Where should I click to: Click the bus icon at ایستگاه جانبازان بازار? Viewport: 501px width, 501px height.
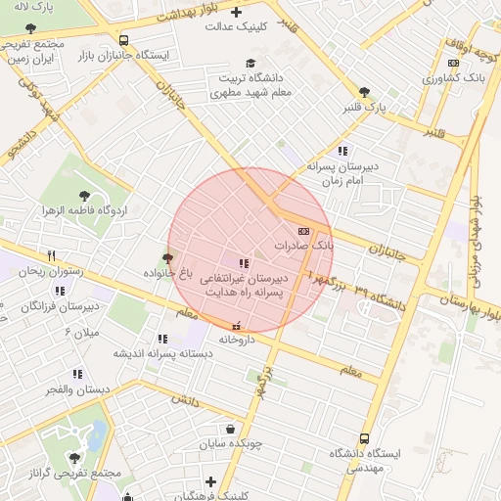[x=123, y=40]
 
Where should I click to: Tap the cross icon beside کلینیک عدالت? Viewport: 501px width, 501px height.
[x=237, y=12]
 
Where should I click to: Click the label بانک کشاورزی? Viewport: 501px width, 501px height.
[x=458, y=75]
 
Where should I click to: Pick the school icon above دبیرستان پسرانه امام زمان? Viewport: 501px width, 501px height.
[x=342, y=151]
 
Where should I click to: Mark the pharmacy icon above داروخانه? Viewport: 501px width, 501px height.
[x=235, y=325]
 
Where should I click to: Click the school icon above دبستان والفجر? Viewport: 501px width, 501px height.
[x=76, y=374]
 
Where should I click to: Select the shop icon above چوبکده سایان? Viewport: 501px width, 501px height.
[x=230, y=428]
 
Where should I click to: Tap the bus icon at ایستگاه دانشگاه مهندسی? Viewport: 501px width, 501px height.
[x=365, y=438]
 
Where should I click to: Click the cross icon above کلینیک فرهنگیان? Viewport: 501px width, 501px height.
[x=211, y=480]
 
